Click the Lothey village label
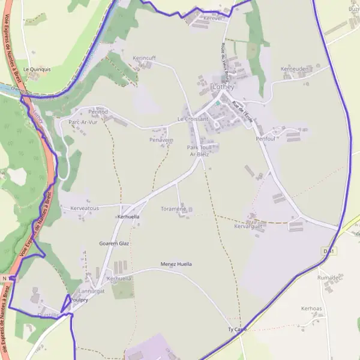click(223, 86)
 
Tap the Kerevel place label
click(212, 19)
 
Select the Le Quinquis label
click(37, 69)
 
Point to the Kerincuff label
click(144, 58)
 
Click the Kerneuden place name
click(294, 69)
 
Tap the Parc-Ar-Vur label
click(83, 122)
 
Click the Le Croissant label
click(193, 119)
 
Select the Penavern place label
click(161, 140)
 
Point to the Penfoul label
click(265, 139)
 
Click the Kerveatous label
click(85, 208)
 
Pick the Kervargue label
click(248, 226)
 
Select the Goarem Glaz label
click(114, 244)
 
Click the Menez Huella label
click(176, 264)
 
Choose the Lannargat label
click(92, 290)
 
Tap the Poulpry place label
click(79, 299)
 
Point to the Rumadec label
click(329, 278)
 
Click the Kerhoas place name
click(312, 308)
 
